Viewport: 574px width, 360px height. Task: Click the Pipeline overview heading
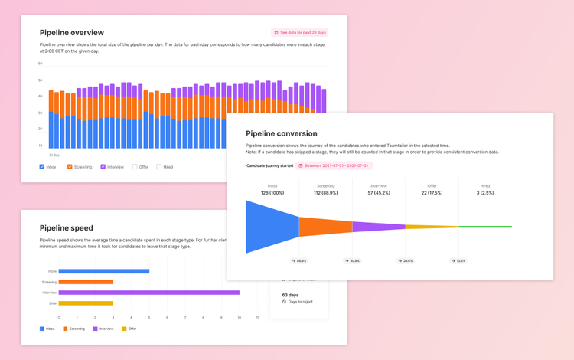pos(72,33)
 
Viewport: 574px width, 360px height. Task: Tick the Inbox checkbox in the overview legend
pos(42,166)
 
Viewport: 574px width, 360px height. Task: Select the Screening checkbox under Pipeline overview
pos(70,166)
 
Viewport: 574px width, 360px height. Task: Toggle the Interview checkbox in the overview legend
pos(103,166)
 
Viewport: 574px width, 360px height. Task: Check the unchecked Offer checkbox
pos(135,166)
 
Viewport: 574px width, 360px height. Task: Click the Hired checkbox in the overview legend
pos(159,166)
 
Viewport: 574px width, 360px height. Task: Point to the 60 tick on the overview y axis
pos(41,64)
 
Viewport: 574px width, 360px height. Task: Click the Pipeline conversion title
pos(281,133)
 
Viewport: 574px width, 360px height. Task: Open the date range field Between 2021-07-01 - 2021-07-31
pos(333,165)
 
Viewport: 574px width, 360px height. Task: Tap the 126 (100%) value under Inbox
pos(272,193)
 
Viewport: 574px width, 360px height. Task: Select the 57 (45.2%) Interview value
pos(379,193)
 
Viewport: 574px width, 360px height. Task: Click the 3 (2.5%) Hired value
pos(485,193)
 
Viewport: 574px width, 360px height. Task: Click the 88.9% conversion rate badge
pos(298,261)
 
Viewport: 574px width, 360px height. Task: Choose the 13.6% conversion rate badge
pos(458,261)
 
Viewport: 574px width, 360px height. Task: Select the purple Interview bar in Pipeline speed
pos(148,293)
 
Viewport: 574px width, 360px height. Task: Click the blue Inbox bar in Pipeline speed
pos(103,271)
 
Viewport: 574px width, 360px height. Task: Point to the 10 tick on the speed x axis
pos(240,317)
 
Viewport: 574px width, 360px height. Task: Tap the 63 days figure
pos(291,295)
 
